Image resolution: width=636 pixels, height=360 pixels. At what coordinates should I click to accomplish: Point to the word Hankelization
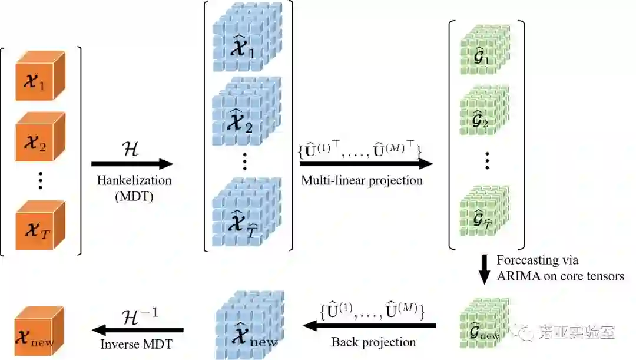[x=134, y=181]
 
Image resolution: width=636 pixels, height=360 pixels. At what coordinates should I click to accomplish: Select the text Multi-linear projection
[x=362, y=180]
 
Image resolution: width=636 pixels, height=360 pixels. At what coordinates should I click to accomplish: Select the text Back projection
[x=373, y=342]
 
